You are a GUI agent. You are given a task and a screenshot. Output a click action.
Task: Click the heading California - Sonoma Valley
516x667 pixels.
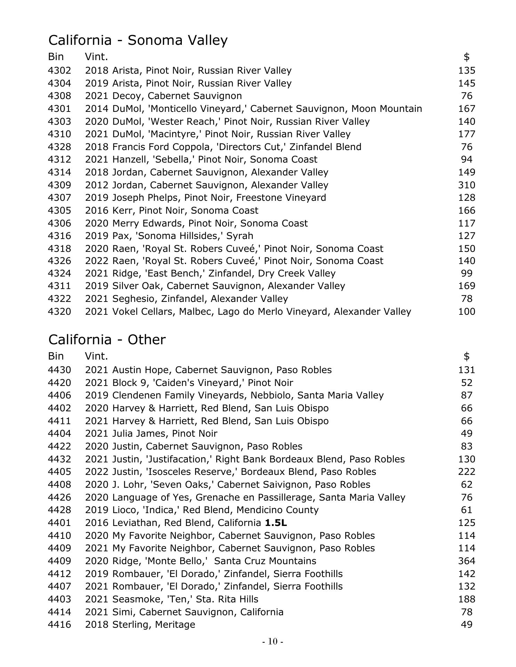(138, 40)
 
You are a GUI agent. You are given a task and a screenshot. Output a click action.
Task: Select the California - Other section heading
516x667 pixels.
(107, 339)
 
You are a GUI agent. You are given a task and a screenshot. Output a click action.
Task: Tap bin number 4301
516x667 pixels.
(59, 109)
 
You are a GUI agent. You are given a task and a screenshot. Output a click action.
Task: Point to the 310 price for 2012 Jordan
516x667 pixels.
(466, 185)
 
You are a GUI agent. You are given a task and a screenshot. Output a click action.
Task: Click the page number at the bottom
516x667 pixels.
(273, 642)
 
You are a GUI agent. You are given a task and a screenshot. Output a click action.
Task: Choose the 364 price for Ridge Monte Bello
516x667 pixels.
(466, 561)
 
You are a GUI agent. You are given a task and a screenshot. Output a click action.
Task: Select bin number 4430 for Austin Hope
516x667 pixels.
(59, 370)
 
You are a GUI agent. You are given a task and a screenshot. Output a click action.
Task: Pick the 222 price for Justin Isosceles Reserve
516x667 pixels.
(466, 472)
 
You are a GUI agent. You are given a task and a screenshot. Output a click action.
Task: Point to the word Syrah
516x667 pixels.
(240, 236)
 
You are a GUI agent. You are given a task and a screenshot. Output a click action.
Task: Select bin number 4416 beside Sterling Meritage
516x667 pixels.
(59, 625)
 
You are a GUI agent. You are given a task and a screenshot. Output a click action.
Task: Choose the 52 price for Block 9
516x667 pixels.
(466, 383)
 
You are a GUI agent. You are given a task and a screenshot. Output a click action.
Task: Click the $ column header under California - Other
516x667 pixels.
(466, 356)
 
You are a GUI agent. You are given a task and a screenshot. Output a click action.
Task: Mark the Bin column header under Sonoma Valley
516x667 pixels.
(56, 56)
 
